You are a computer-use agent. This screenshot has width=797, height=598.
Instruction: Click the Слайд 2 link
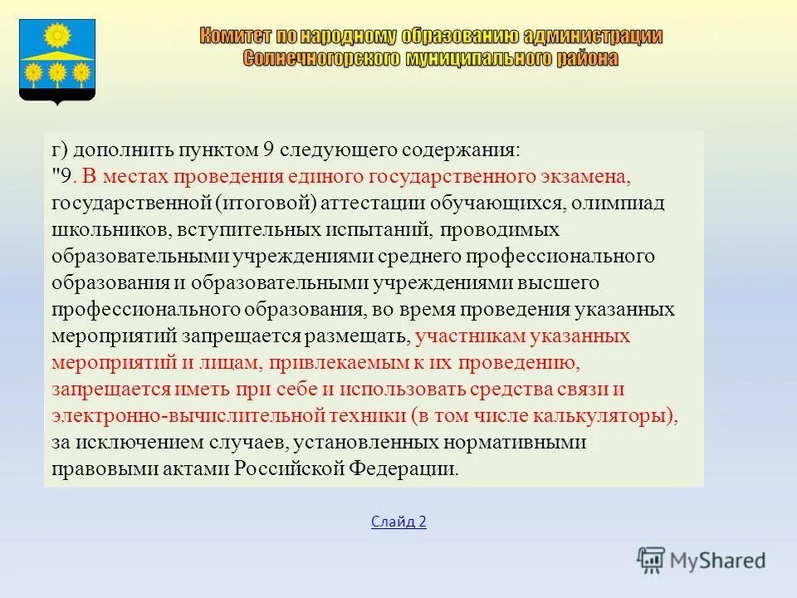click(x=398, y=522)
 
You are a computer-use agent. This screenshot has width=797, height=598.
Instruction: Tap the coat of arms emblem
click(x=57, y=61)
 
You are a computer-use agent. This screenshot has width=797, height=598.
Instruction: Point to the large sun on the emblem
click(x=57, y=37)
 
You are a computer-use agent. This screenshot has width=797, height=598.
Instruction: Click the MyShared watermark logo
click(x=702, y=558)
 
